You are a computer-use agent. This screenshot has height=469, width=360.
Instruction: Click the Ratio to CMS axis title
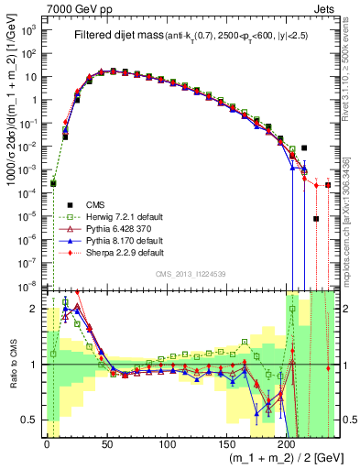pos(12,365)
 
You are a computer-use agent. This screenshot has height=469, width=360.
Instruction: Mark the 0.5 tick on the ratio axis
pos(32,420)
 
